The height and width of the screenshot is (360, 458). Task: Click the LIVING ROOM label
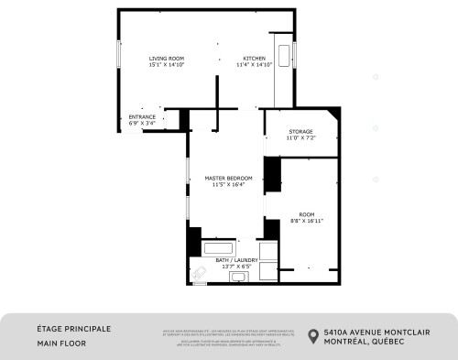161,59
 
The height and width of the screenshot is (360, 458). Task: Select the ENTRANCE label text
142,117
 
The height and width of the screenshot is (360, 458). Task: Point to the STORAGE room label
300,131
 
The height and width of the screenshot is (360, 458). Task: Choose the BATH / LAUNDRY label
235,260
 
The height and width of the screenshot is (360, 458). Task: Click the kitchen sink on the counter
282,52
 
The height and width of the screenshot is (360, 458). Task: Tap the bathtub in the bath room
218,247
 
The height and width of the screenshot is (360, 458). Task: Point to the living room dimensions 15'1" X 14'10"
161,65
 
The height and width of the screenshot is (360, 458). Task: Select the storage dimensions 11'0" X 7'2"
300,137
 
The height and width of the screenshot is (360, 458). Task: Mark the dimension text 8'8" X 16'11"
306,221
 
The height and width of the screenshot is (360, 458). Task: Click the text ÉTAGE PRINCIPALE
73,328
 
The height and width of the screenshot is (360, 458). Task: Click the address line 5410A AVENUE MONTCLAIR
382,332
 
